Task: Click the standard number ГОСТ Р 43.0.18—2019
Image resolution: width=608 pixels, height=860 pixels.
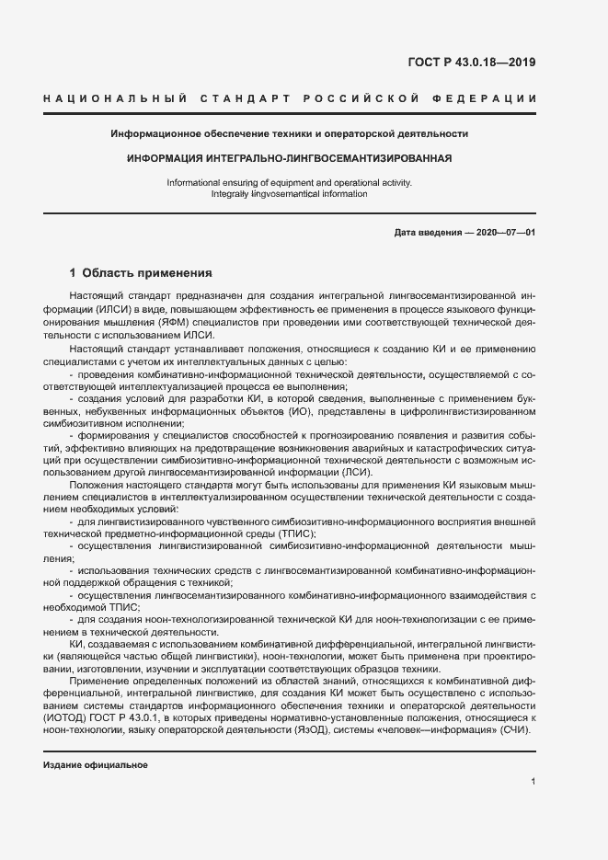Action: [471, 63]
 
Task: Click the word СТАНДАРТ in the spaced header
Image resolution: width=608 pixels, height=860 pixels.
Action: [242, 98]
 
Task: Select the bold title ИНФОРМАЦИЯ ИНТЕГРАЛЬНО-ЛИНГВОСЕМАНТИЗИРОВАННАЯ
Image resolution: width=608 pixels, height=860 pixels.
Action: [290, 158]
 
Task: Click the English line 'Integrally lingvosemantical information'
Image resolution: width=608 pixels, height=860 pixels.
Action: [289, 194]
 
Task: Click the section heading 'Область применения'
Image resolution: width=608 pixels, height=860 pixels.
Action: [147, 273]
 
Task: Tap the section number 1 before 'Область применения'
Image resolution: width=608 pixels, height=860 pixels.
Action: [74, 273]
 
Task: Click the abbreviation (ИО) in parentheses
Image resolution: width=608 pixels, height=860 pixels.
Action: [294, 413]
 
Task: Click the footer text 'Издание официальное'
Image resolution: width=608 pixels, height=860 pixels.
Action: [96, 765]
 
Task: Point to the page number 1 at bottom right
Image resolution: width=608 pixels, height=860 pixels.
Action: [533, 781]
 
